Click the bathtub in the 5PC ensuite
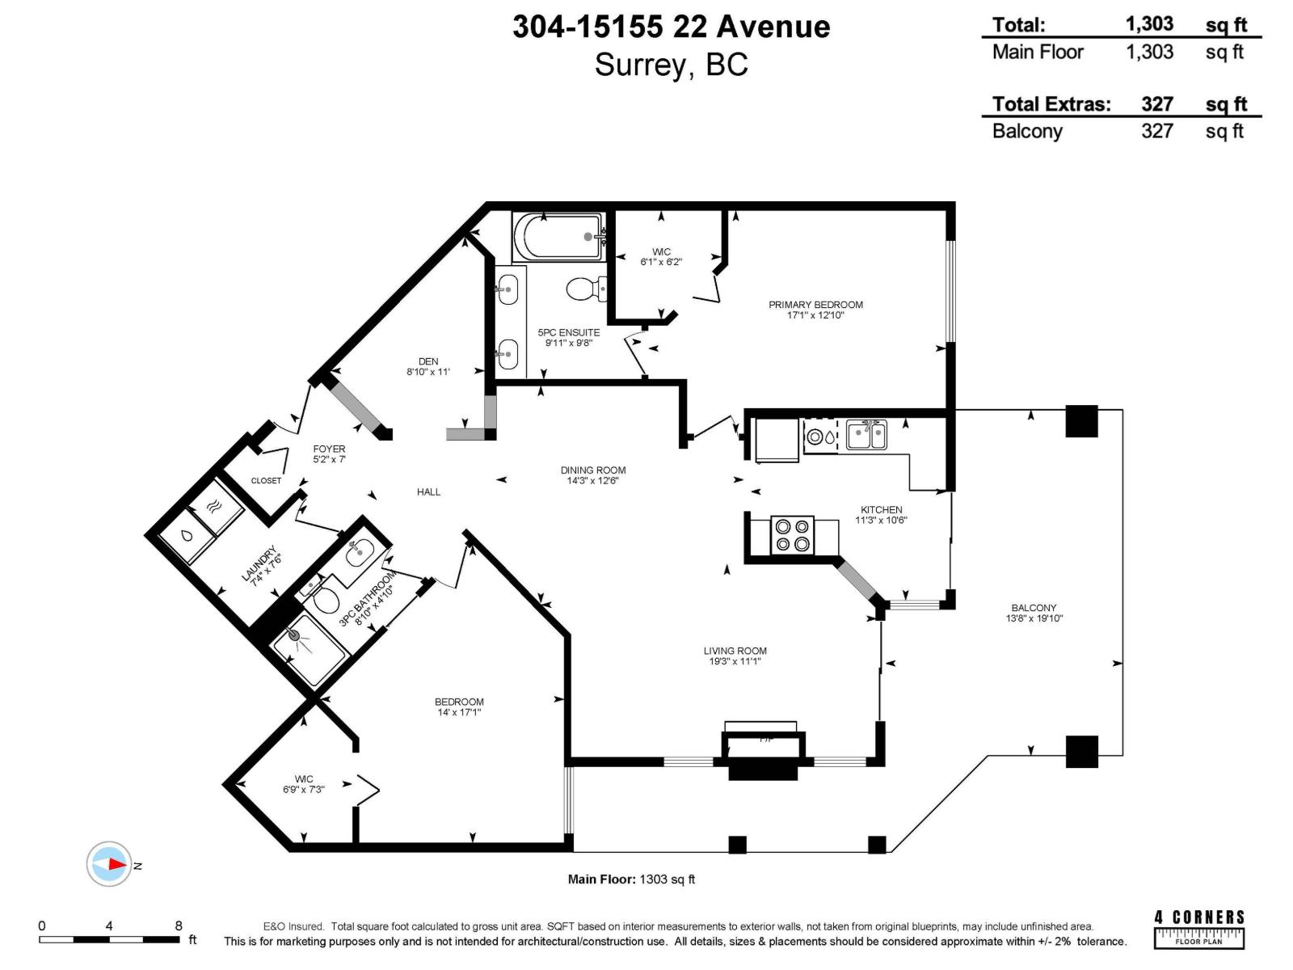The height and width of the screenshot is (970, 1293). pos(558,237)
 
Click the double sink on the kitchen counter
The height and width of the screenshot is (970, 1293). pos(866,435)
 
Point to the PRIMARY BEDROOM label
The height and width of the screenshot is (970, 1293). pos(815,305)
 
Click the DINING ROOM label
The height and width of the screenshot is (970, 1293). pos(593,470)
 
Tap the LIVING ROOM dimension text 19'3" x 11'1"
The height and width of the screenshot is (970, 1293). pos(735,661)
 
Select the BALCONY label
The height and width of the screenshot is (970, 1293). pos(1034,608)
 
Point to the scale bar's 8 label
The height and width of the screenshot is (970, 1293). pos(179,926)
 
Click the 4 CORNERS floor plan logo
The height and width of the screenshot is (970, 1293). pos(1199,928)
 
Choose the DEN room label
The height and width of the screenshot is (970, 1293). pos(428,361)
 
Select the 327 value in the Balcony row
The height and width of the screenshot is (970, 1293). pos(1156,131)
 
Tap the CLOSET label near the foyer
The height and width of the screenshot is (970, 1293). pos(266,480)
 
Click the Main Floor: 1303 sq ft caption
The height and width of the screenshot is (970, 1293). pos(631,879)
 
